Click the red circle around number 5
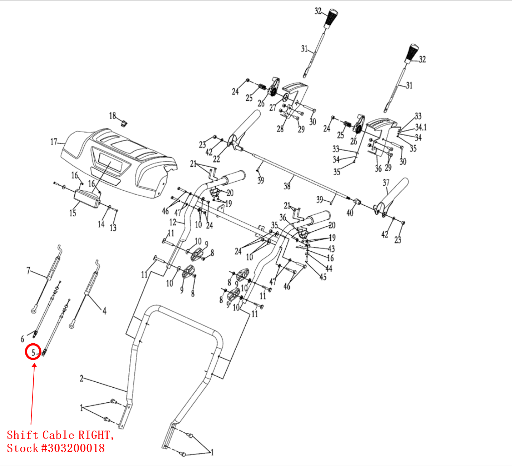(33, 352)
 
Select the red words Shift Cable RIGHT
(60, 435)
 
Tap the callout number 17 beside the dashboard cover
(54, 142)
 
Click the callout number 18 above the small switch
(112, 116)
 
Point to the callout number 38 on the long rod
(287, 186)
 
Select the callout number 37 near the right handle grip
(386, 183)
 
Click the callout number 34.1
(421, 127)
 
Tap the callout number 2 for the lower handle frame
(82, 378)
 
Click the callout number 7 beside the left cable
(29, 271)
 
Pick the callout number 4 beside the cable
(104, 311)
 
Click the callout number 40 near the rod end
(350, 213)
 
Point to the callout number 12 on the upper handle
(173, 222)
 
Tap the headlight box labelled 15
(87, 198)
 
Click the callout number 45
(323, 277)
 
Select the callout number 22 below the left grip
(216, 158)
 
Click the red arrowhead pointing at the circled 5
(35, 365)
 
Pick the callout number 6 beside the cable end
(22, 339)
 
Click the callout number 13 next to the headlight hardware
(113, 227)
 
